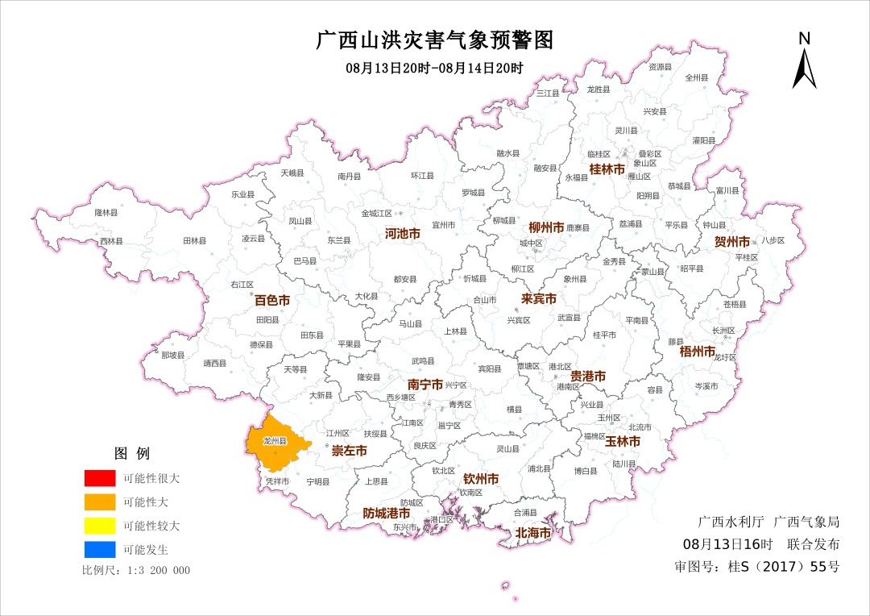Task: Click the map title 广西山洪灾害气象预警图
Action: coord(435,40)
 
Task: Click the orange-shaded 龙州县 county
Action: coord(274,443)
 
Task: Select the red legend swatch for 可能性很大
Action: coord(99,478)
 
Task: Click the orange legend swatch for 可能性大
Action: coord(99,502)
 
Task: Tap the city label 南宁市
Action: coord(425,385)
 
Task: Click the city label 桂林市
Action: coord(607,169)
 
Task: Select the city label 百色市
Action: coord(272,300)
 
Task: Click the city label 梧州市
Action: coord(697,352)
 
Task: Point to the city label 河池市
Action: coord(403,234)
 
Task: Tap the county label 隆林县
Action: coord(106,213)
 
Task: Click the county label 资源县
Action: coord(660,67)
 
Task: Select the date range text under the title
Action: coord(435,68)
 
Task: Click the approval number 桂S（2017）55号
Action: coord(756,566)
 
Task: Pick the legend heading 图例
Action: coord(132,453)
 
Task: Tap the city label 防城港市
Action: coord(386,513)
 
